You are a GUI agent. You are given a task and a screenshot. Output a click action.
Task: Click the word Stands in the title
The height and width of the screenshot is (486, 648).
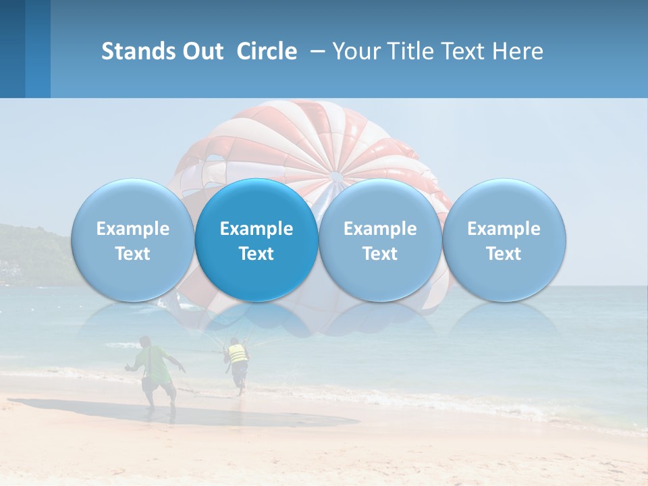pos(138,51)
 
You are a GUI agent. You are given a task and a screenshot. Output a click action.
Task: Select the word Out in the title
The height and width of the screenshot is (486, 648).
pos(202,51)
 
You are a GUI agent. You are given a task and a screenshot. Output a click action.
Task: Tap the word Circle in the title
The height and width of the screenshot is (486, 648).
pos(267,51)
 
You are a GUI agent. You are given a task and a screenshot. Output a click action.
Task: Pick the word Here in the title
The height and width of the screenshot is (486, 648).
pos(518,51)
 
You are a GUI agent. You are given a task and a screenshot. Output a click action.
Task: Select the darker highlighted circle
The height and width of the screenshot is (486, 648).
pos(256,240)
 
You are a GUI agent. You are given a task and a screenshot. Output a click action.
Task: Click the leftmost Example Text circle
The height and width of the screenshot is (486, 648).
pos(132,240)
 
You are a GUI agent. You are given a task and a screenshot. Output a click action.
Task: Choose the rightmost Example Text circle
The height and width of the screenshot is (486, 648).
pos(504,240)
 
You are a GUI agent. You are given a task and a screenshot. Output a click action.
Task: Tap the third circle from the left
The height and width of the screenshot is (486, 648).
pos(380,240)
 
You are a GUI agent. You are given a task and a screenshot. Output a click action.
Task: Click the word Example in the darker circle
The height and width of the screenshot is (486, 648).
pos(256,229)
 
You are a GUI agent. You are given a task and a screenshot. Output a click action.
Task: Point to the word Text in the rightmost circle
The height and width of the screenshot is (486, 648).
pos(504,254)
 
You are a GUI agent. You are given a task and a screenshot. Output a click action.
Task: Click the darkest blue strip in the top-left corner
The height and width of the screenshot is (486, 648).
pos(12,49)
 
